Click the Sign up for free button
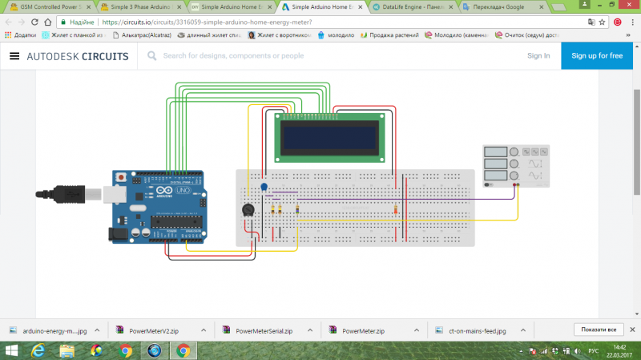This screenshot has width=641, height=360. (597, 55)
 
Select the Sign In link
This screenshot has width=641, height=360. (538, 55)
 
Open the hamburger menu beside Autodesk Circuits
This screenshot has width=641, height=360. (14, 56)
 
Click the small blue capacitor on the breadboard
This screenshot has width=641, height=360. (264, 187)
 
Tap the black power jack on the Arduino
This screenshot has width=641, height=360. (118, 233)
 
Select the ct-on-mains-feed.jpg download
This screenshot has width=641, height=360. (473, 330)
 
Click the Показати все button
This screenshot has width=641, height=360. (599, 330)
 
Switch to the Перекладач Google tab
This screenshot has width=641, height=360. (501, 6)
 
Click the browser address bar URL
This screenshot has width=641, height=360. (208, 22)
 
